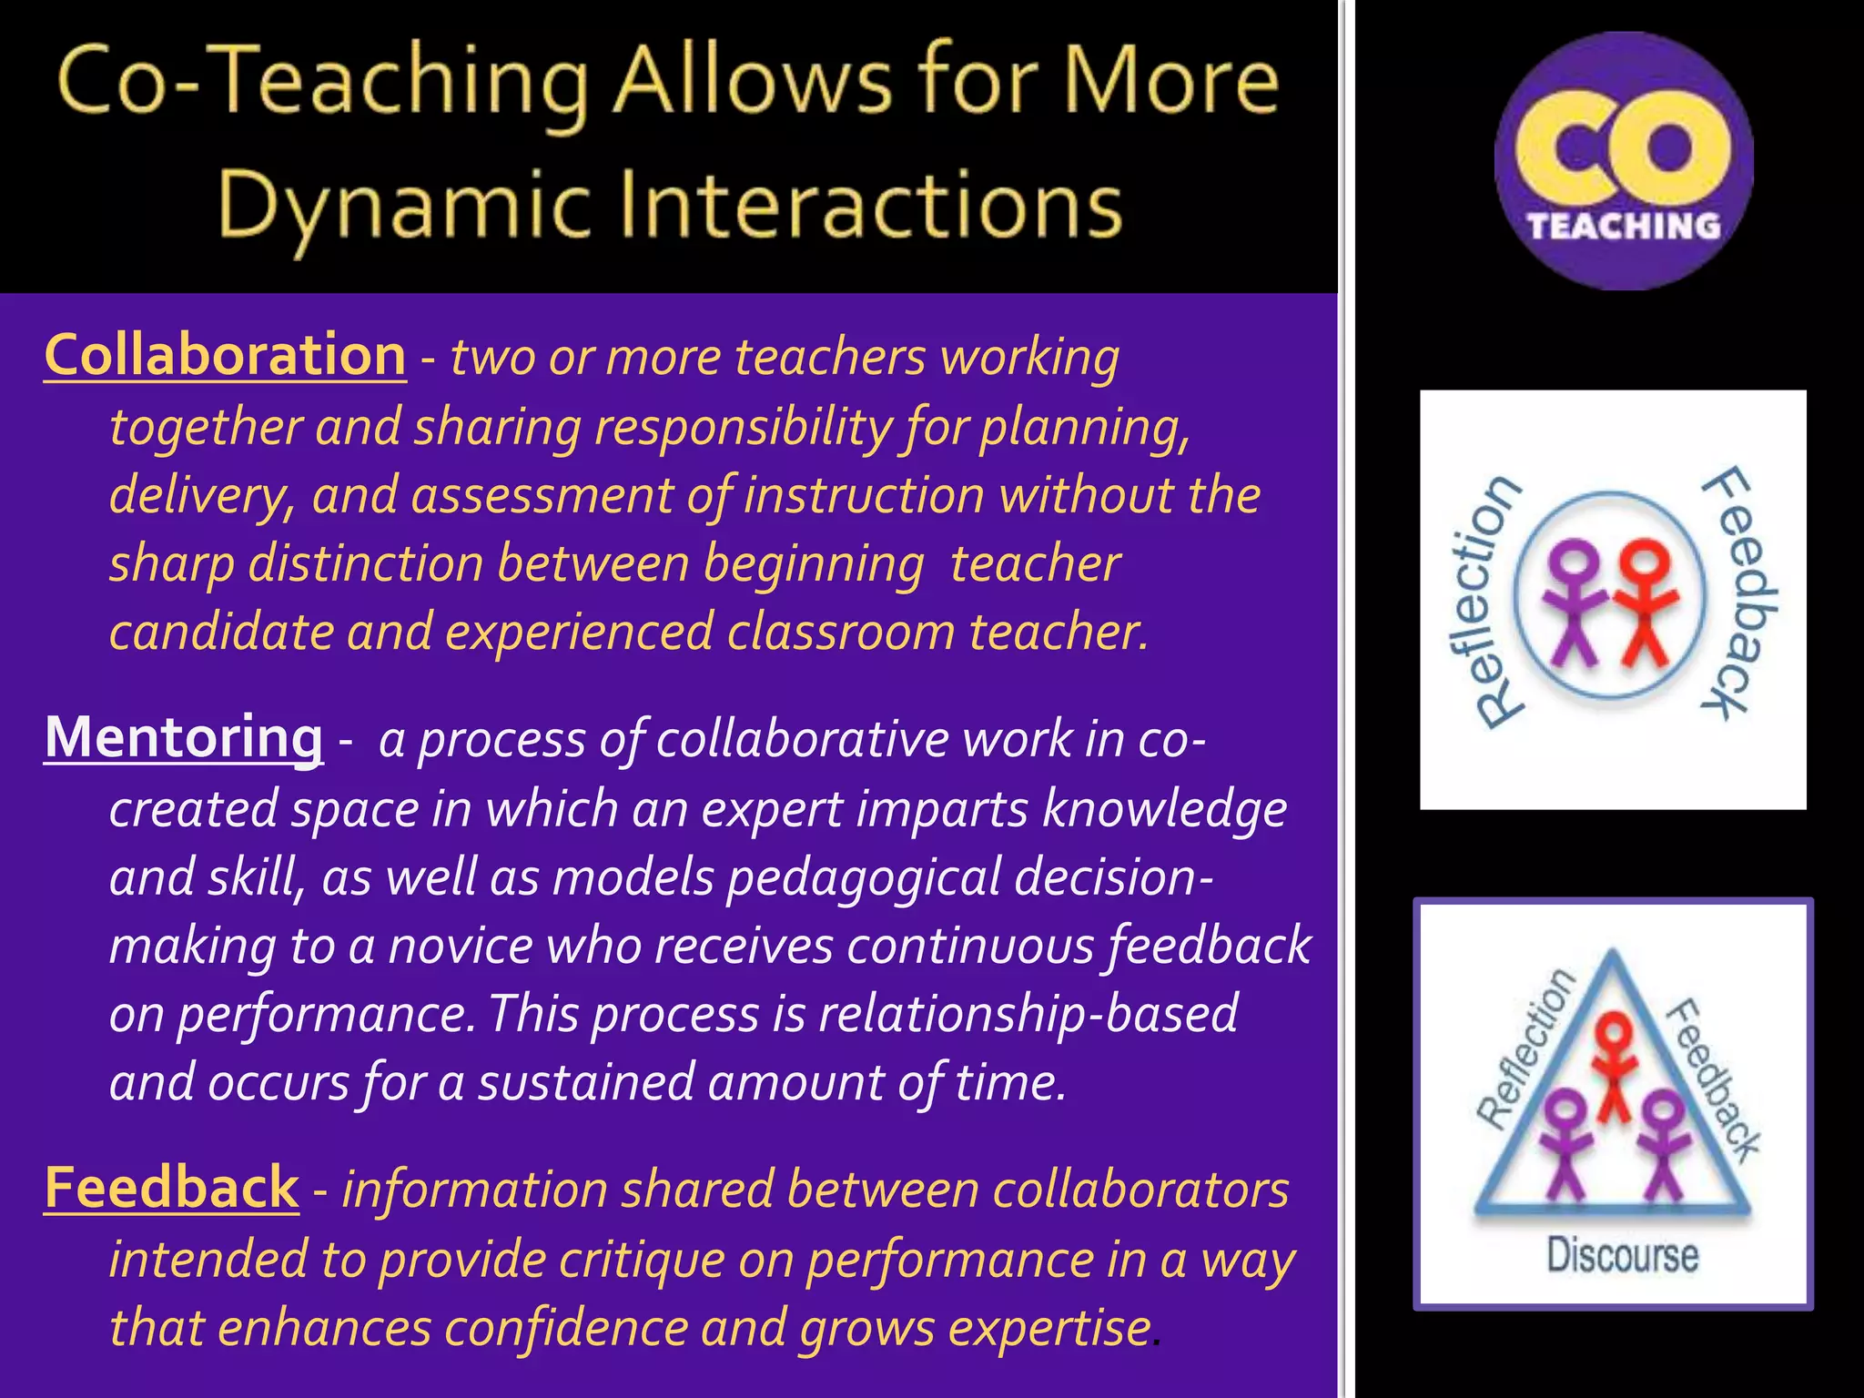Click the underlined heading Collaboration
[225, 355]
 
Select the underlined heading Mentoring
[184, 737]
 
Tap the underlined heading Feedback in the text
[171, 1188]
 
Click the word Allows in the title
[752, 82]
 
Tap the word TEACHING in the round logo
[1624, 226]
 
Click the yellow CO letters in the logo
[1624, 146]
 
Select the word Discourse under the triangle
[1623, 1255]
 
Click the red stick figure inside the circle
[1646, 601]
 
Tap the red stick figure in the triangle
[1616, 1065]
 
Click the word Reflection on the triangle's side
[1525, 1047]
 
